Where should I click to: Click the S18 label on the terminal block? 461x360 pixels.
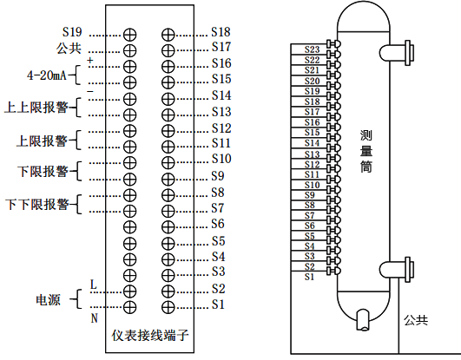click(x=221, y=31)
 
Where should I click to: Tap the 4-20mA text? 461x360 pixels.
click(x=47, y=75)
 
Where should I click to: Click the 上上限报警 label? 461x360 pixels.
click(x=36, y=108)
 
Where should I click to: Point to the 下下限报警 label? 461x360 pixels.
click(x=36, y=205)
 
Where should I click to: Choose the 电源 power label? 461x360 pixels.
click(x=47, y=299)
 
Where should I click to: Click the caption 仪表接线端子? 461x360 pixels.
click(x=150, y=334)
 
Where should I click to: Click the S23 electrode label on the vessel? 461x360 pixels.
click(x=313, y=49)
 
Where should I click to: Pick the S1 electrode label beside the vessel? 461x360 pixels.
click(x=309, y=277)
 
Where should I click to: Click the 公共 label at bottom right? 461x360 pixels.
click(x=416, y=320)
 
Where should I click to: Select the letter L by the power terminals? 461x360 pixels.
click(x=93, y=285)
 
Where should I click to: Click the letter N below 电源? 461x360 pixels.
click(x=93, y=317)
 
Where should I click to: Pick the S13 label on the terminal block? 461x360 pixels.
click(x=221, y=112)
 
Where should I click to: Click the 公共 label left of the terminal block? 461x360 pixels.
click(x=69, y=48)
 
